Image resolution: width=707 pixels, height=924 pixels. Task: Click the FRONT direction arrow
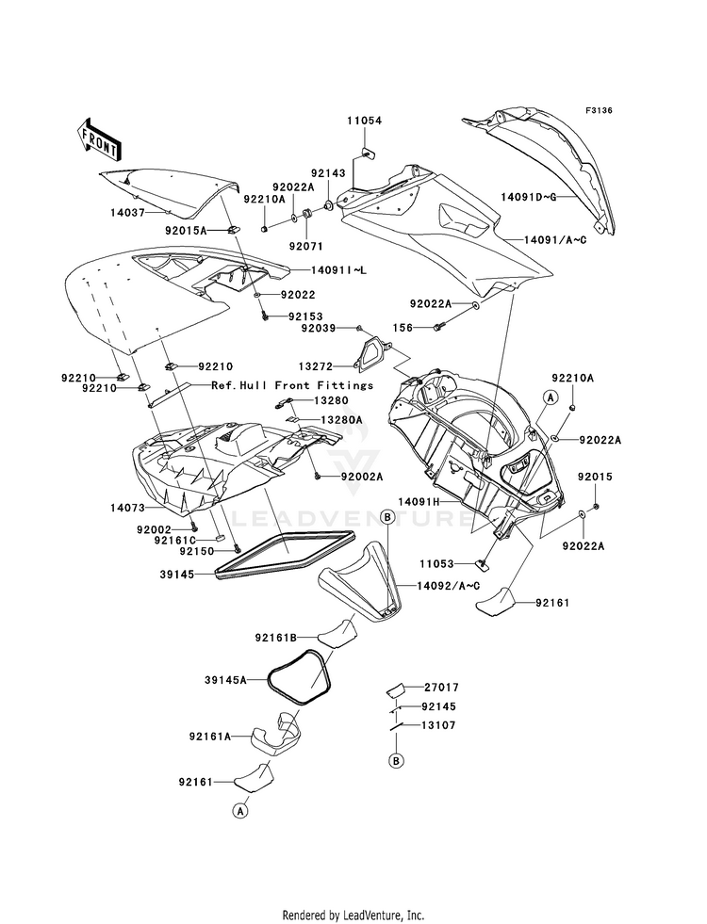[x=99, y=139]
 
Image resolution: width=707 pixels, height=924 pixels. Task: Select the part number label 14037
[x=127, y=212]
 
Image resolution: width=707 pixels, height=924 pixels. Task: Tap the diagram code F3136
[x=600, y=110]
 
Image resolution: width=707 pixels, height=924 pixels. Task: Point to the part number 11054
[x=364, y=121]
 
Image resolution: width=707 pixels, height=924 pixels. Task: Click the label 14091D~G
[x=527, y=197]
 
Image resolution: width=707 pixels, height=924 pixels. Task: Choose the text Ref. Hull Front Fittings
[x=292, y=385]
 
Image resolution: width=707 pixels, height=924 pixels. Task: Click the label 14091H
[x=419, y=501]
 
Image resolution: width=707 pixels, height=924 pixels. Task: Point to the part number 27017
[x=442, y=687]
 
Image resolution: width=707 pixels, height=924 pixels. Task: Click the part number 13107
[x=438, y=725]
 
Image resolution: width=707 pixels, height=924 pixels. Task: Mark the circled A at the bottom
[x=240, y=811]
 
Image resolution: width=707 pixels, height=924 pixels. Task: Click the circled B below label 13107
[x=397, y=761]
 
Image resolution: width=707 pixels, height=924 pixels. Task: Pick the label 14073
[x=127, y=507]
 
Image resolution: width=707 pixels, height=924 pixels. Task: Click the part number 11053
[x=437, y=564]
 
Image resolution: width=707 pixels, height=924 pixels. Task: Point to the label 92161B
[x=275, y=637]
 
